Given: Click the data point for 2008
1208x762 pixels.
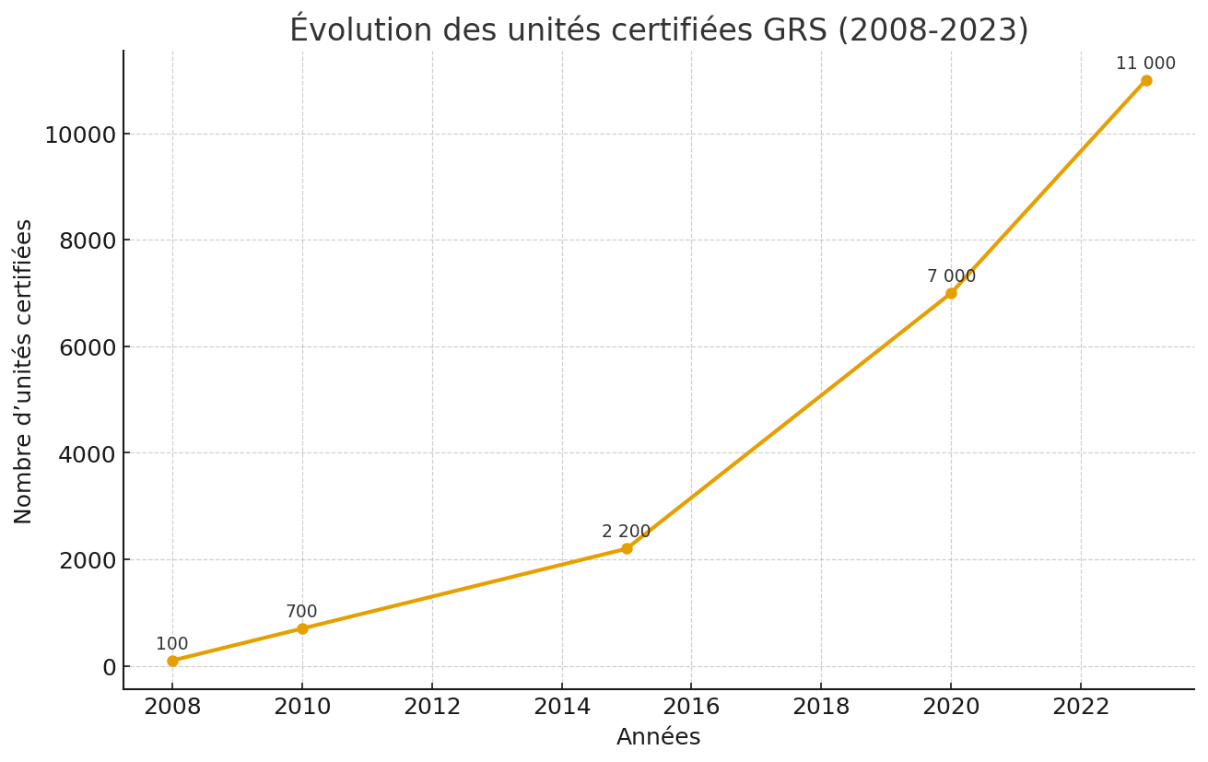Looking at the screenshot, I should pyautogui.click(x=172, y=661).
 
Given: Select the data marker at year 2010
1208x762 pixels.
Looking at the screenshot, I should pyautogui.click(x=302, y=628).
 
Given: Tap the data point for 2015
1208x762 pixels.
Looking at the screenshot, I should pyautogui.click(x=627, y=548).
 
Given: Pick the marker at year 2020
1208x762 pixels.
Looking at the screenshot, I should pyautogui.click(x=951, y=293).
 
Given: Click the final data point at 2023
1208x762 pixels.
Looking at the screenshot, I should pyautogui.click(x=1145, y=80).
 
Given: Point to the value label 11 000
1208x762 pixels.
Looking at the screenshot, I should pyautogui.click(x=1145, y=64).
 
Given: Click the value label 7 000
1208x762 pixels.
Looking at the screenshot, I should pyautogui.click(x=951, y=276).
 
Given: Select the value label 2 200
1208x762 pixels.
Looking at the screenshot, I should pyautogui.click(x=626, y=532).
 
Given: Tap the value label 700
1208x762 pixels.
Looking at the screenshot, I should pyautogui.click(x=301, y=612).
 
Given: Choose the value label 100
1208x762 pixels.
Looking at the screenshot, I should pyautogui.click(x=171, y=644).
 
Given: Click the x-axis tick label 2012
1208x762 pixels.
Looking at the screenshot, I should pyautogui.click(x=432, y=708).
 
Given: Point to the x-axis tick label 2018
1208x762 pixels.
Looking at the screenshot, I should pyautogui.click(x=821, y=708).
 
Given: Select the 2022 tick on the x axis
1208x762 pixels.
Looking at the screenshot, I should pyautogui.click(x=1081, y=708).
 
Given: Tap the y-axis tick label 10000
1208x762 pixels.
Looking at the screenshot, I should pyautogui.click(x=80, y=135).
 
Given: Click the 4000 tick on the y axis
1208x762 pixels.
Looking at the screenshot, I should pyautogui.click(x=88, y=454).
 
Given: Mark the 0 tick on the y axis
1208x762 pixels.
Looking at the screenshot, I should pyautogui.click(x=109, y=667).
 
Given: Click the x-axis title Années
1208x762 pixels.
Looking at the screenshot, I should pyautogui.click(x=658, y=737).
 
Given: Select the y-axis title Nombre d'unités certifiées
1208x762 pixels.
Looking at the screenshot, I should pyautogui.click(x=24, y=370).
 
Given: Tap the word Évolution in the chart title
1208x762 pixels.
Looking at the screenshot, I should pyautogui.click(x=348, y=29).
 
